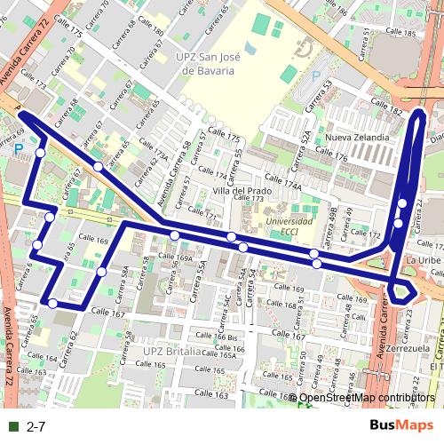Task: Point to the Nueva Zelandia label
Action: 357,138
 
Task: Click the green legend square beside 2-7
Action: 12,427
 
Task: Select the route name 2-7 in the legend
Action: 36,427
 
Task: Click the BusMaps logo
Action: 396,426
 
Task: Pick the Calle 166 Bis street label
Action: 219,338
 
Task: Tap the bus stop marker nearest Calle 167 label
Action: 53,304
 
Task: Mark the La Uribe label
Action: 424,259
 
